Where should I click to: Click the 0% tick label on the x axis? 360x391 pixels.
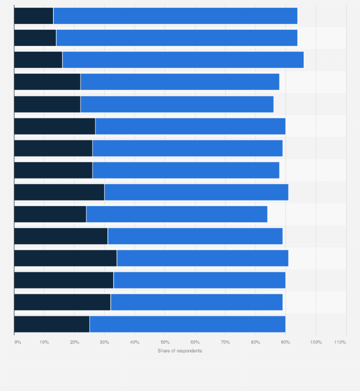pyautogui.click(x=18, y=342)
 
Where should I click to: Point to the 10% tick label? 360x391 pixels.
pyautogui.click(x=44, y=342)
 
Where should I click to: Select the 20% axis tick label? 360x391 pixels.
pyautogui.click(x=74, y=342)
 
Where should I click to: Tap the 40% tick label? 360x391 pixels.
pyautogui.click(x=135, y=342)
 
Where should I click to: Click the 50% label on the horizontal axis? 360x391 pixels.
pyautogui.click(x=165, y=342)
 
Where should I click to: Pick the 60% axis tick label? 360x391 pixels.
pyautogui.click(x=195, y=342)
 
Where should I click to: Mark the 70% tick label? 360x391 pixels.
pyautogui.click(x=225, y=342)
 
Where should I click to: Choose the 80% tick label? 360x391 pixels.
pyautogui.click(x=255, y=342)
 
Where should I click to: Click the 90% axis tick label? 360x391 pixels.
pyautogui.click(x=286, y=342)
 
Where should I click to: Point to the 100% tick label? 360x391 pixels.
pyautogui.click(x=316, y=342)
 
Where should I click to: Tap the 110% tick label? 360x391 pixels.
pyautogui.click(x=340, y=342)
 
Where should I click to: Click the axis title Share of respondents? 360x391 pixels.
pyautogui.click(x=180, y=351)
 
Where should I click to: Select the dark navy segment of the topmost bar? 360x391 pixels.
pyautogui.click(x=33, y=16)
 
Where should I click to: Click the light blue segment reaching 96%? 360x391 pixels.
pyautogui.click(x=183, y=60)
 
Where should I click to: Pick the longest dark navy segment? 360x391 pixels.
pyautogui.click(x=65, y=258)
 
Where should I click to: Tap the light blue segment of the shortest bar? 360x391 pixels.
pyautogui.click(x=177, y=214)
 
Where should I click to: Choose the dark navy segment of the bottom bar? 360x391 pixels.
pyautogui.click(x=52, y=324)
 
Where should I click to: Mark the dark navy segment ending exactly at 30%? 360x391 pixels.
pyautogui.click(x=59, y=192)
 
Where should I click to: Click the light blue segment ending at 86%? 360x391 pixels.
pyautogui.click(x=177, y=104)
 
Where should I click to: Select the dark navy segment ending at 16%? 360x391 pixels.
pyautogui.click(x=38, y=60)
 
